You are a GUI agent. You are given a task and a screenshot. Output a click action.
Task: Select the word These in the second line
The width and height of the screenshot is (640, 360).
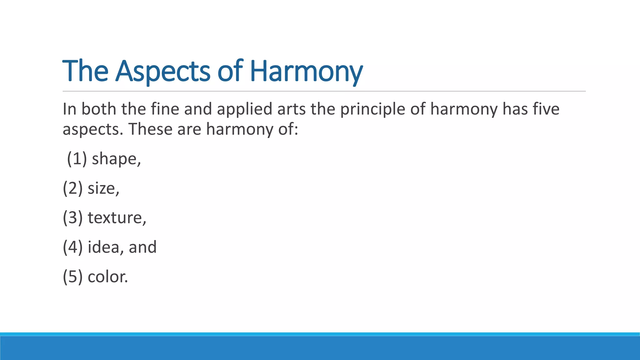[150, 129]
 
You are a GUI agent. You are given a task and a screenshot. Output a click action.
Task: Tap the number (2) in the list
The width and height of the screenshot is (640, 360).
[73, 188]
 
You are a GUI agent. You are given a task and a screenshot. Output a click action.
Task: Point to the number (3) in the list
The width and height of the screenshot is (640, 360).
[73, 217]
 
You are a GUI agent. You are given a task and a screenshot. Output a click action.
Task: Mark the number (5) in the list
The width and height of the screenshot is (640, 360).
[73, 277]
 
